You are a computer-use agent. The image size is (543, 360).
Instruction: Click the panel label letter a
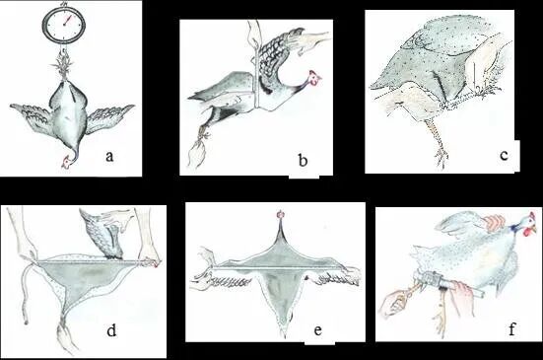[109, 156]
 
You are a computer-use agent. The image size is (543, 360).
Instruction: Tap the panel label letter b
[303, 160]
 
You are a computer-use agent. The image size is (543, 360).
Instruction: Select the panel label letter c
[505, 155]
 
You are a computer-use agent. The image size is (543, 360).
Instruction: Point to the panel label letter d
[111, 330]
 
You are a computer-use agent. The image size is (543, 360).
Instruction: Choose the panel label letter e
[318, 330]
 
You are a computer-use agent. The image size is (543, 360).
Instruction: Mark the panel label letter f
[512, 328]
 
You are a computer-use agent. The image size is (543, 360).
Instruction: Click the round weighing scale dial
[64, 25]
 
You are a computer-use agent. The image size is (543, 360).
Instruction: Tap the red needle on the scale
[67, 20]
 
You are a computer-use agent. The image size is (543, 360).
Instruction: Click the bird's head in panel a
[67, 162]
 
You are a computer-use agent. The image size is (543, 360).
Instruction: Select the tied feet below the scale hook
[64, 67]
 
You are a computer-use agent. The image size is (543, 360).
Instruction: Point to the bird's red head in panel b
[314, 78]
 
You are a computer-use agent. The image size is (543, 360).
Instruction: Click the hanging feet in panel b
[197, 149]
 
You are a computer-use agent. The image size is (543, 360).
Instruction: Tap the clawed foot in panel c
[441, 157]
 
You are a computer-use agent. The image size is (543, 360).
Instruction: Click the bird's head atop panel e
[281, 215]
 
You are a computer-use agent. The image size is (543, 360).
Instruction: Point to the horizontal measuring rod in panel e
[278, 268]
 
